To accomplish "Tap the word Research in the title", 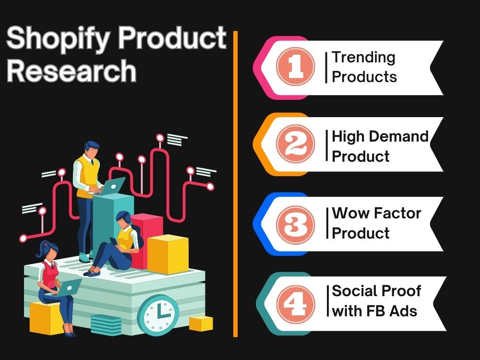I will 72,71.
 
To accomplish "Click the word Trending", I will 364,58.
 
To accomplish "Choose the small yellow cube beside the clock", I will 201,323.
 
